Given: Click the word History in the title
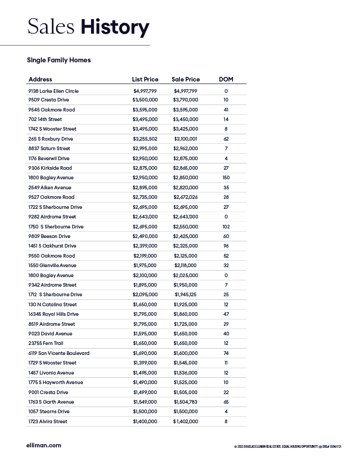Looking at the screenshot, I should [x=115, y=27].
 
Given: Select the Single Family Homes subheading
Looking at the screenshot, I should [x=59, y=60].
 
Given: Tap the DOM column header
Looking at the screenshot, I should [x=226, y=79].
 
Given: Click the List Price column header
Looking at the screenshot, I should [x=145, y=79].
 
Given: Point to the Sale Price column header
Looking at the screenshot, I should [x=186, y=79].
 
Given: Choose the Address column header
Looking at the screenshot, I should [x=40, y=79].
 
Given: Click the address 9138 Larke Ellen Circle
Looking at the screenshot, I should [x=53, y=91].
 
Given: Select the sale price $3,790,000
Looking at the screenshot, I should [x=186, y=100].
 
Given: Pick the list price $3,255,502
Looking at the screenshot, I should [x=145, y=139].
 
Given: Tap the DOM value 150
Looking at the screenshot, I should [x=226, y=177].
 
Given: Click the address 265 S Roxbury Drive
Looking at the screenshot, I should [x=51, y=139].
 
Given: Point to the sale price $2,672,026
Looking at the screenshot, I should [x=186, y=197].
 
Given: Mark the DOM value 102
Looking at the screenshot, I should [x=226, y=227].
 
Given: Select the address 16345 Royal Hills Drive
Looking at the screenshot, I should [x=53, y=314].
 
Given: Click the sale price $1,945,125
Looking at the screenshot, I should [x=186, y=294].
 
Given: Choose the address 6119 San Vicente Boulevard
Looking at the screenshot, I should [x=59, y=353].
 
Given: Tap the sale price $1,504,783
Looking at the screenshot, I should [x=186, y=402].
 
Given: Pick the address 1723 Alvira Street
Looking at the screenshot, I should [x=47, y=421].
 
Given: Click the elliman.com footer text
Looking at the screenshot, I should [x=44, y=446].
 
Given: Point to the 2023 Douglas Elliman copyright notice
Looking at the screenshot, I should [x=288, y=447].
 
